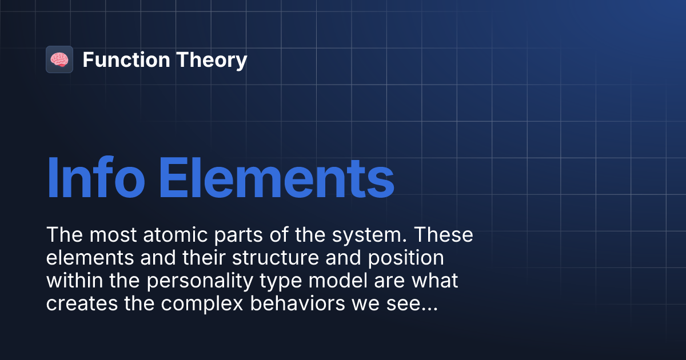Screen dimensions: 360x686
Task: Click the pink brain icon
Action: click(59, 59)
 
